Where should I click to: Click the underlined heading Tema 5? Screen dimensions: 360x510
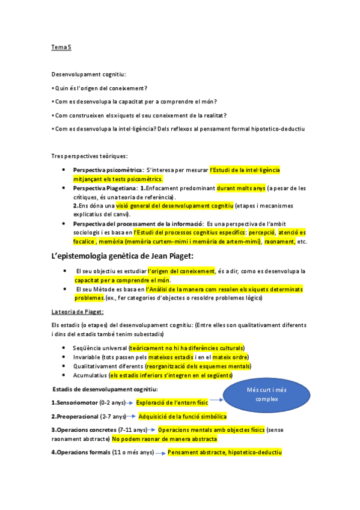61,46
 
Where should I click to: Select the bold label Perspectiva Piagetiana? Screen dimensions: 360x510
105,188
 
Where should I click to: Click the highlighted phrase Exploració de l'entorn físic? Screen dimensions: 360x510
172,402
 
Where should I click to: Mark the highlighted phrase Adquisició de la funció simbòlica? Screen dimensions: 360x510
182,416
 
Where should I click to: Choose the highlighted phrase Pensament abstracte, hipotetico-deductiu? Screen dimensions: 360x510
224,452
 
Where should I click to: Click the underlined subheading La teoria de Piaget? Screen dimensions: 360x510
77,312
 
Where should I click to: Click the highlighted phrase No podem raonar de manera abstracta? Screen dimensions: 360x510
164,439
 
